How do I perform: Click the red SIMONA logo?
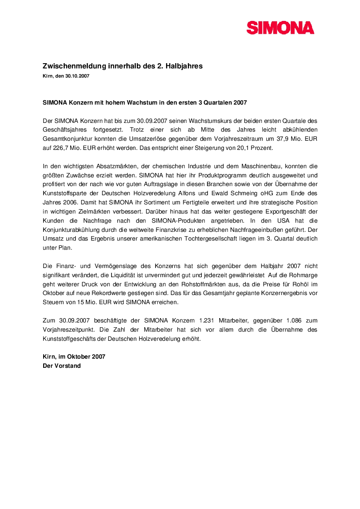point(280,28)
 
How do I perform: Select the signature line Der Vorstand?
point(61,366)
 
